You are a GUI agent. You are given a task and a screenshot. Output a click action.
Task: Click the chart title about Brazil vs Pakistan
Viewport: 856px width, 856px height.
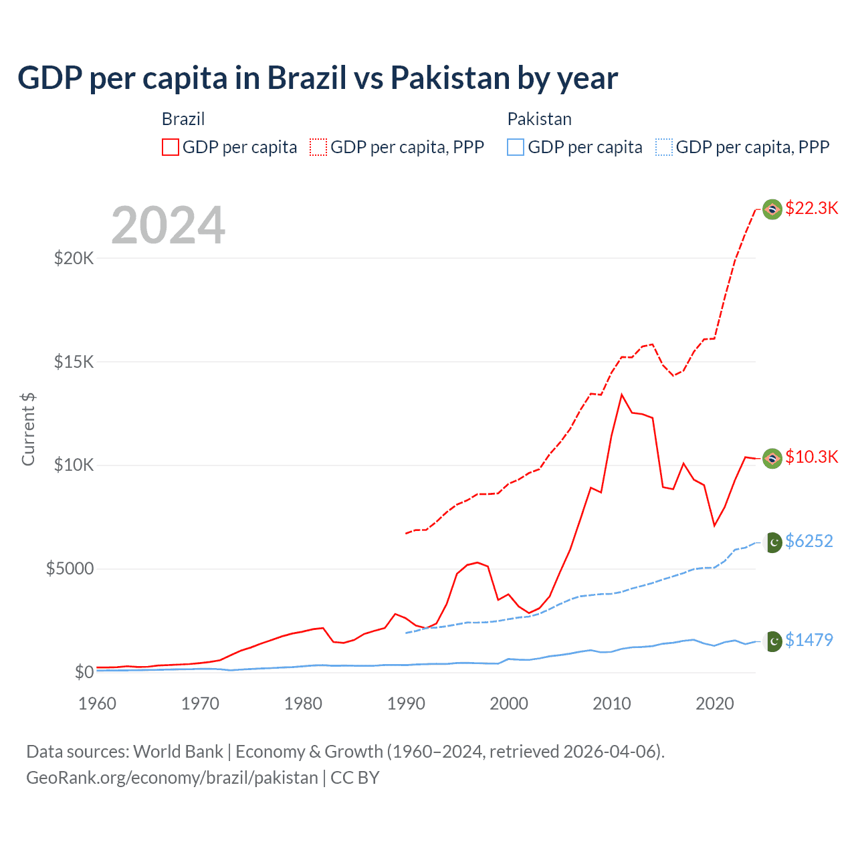tap(318, 78)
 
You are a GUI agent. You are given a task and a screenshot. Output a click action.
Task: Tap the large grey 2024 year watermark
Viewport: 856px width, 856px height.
tap(168, 225)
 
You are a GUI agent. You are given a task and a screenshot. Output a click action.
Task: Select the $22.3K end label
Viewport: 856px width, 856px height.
tap(811, 208)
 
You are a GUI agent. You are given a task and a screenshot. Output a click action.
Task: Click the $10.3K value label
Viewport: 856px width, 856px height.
tap(811, 457)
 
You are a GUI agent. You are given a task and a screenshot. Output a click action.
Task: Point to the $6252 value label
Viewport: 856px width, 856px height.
tap(809, 541)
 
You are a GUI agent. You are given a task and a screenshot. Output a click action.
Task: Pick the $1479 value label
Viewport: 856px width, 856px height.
tap(809, 640)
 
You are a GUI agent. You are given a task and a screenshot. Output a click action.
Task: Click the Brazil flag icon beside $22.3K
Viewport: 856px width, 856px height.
tap(772, 209)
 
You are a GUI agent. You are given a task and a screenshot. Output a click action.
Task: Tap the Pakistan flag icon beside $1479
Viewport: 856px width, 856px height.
tap(773, 641)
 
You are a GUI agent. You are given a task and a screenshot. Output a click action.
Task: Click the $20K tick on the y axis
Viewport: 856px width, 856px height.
tap(74, 258)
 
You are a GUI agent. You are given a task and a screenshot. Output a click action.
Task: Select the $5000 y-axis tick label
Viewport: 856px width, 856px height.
tap(70, 568)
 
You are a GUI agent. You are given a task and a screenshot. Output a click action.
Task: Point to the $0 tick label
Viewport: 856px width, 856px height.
tap(84, 672)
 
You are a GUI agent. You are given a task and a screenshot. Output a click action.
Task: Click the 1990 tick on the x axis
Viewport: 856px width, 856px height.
tap(406, 704)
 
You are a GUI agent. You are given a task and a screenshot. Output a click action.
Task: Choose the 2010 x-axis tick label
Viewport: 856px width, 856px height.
tap(612, 704)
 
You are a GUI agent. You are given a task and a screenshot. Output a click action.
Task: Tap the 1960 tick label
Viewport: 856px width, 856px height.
tap(98, 704)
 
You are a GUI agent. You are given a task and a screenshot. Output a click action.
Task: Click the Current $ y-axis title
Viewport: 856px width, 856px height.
tap(28, 429)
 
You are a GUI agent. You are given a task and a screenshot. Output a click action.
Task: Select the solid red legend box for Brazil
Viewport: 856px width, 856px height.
tap(171, 147)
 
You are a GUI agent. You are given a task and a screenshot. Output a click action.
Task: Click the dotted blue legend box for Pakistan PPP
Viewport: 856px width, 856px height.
tap(664, 147)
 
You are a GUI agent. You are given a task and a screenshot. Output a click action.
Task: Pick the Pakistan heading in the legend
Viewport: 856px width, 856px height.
tap(539, 119)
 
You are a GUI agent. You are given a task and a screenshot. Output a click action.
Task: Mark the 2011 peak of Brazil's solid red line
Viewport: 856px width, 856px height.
tap(622, 395)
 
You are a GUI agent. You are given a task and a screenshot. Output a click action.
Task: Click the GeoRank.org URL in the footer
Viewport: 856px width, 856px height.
tap(172, 778)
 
